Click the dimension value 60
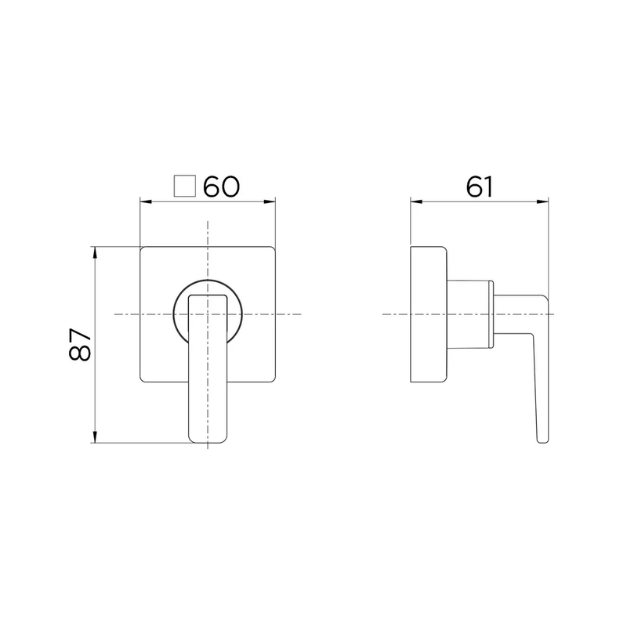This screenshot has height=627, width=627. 222,187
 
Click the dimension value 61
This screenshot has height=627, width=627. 479,187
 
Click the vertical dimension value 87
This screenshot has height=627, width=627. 80,345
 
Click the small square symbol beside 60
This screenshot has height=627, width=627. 185,186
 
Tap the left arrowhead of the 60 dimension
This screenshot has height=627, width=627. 146,202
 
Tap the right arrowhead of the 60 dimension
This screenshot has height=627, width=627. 270,202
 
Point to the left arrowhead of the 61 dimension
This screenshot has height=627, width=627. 416,201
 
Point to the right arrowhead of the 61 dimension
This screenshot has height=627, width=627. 542,201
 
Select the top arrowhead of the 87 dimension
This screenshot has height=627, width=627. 95,252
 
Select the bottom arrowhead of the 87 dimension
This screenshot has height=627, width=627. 95,437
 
